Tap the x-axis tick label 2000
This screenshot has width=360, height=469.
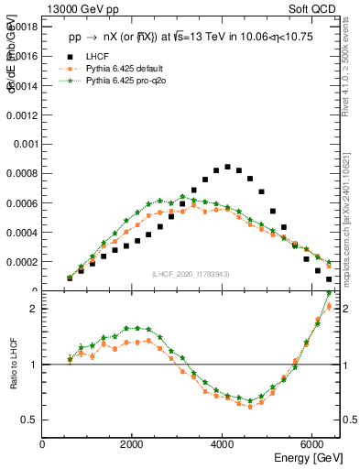click(133, 445)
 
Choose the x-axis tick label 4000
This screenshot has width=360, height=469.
click(223, 445)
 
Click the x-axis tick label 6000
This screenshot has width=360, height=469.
click(312, 445)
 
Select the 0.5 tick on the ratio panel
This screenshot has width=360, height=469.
click(30, 420)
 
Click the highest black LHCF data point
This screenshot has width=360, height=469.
click(227, 167)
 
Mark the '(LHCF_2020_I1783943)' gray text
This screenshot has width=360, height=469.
click(191, 275)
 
